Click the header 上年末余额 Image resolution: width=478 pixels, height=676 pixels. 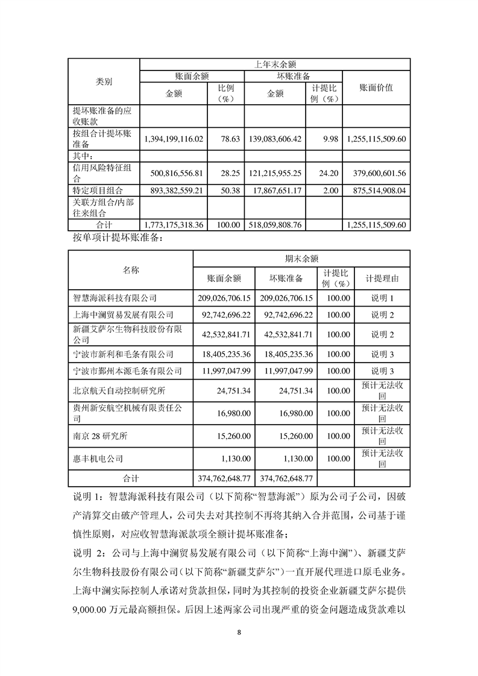275,64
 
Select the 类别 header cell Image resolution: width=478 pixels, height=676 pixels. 104,82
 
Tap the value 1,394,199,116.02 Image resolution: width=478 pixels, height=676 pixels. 174,139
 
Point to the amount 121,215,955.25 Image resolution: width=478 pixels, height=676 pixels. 274,174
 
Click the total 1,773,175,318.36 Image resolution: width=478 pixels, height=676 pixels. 174,225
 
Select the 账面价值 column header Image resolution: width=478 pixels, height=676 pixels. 376,88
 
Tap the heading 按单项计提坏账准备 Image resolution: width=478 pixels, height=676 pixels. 117,237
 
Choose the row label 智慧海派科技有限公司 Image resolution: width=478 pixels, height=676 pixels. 115,298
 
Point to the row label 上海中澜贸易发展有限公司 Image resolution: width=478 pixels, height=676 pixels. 123,315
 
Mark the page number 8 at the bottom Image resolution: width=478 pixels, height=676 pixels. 239,633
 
